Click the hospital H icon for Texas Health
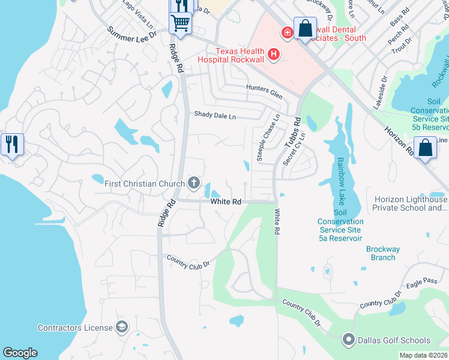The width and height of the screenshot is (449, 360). (x=274, y=55)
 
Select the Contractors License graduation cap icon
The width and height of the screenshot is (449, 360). (x=122, y=327)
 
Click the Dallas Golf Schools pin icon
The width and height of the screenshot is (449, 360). (x=348, y=340)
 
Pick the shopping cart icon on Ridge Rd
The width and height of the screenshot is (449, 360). (x=180, y=25)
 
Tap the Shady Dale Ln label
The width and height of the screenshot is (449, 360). (x=214, y=115)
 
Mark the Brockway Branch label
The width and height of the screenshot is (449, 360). (x=382, y=253)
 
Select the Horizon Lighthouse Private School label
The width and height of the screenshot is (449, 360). (x=410, y=203)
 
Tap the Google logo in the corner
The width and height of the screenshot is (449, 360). (x=20, y=353)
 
